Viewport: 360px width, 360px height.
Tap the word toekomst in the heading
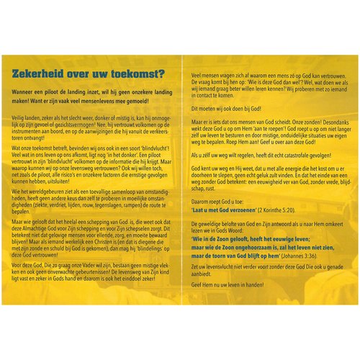[138, 73]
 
